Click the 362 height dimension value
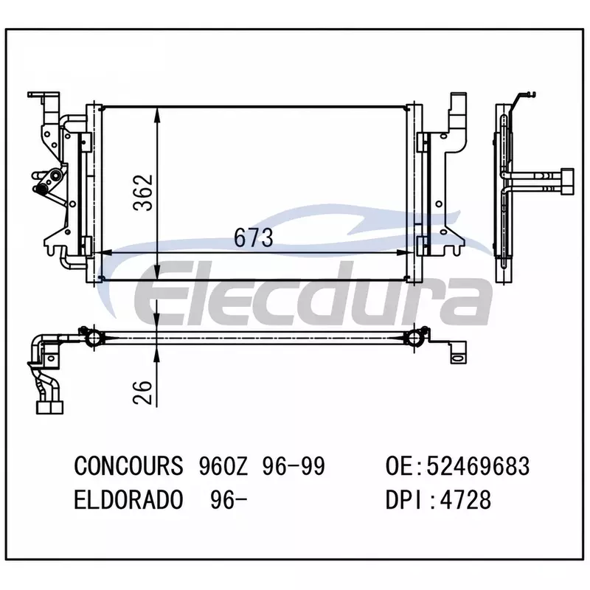point(143,192)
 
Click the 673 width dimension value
point(253,237)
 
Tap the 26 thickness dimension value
point(142,392)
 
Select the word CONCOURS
point(128,465)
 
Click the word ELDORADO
point(128,500)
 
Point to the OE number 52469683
point(478,465)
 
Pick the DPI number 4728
point(465,500)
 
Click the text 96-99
point(293,465)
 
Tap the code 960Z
point(223,465)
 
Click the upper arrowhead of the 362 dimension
point(157,115)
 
